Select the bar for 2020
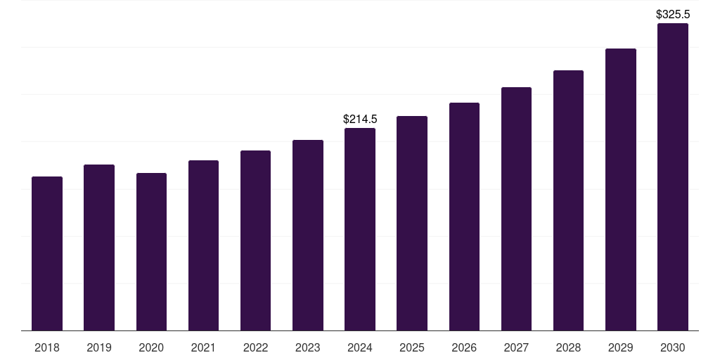tap(151, 252)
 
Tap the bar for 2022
tap(255, 240)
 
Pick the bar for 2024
tap(360, 229)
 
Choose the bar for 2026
tap(464, 217)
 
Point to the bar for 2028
tap(568, 200)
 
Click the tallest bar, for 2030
tap(673, 177)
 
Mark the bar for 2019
tap(99, 247)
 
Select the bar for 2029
tap(621, 190)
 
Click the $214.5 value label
tap(360, 120)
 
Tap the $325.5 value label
tap(673, 14)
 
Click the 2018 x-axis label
tap(47, 347)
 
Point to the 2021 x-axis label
tap(203, 347)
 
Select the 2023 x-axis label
tap(308, 347)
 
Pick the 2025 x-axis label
tap(412, 347)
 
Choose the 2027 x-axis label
tap(516, 347)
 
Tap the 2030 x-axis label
tap(673, 347)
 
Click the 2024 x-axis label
tap(360, 347)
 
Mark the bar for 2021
tap(203, 245)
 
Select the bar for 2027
tap(516, 209)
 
